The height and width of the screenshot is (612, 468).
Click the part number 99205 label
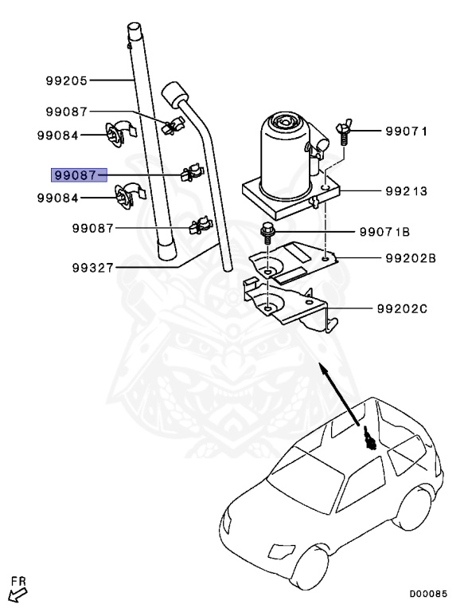pyautogui.click(x=66, y=80)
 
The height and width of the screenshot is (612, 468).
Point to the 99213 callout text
pyautogui.click(x=407, y=191)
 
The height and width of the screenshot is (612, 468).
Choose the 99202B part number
pyautogui.click(x=410, y=258)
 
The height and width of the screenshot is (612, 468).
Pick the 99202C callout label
pyautogui.click(x=411, y=307)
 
